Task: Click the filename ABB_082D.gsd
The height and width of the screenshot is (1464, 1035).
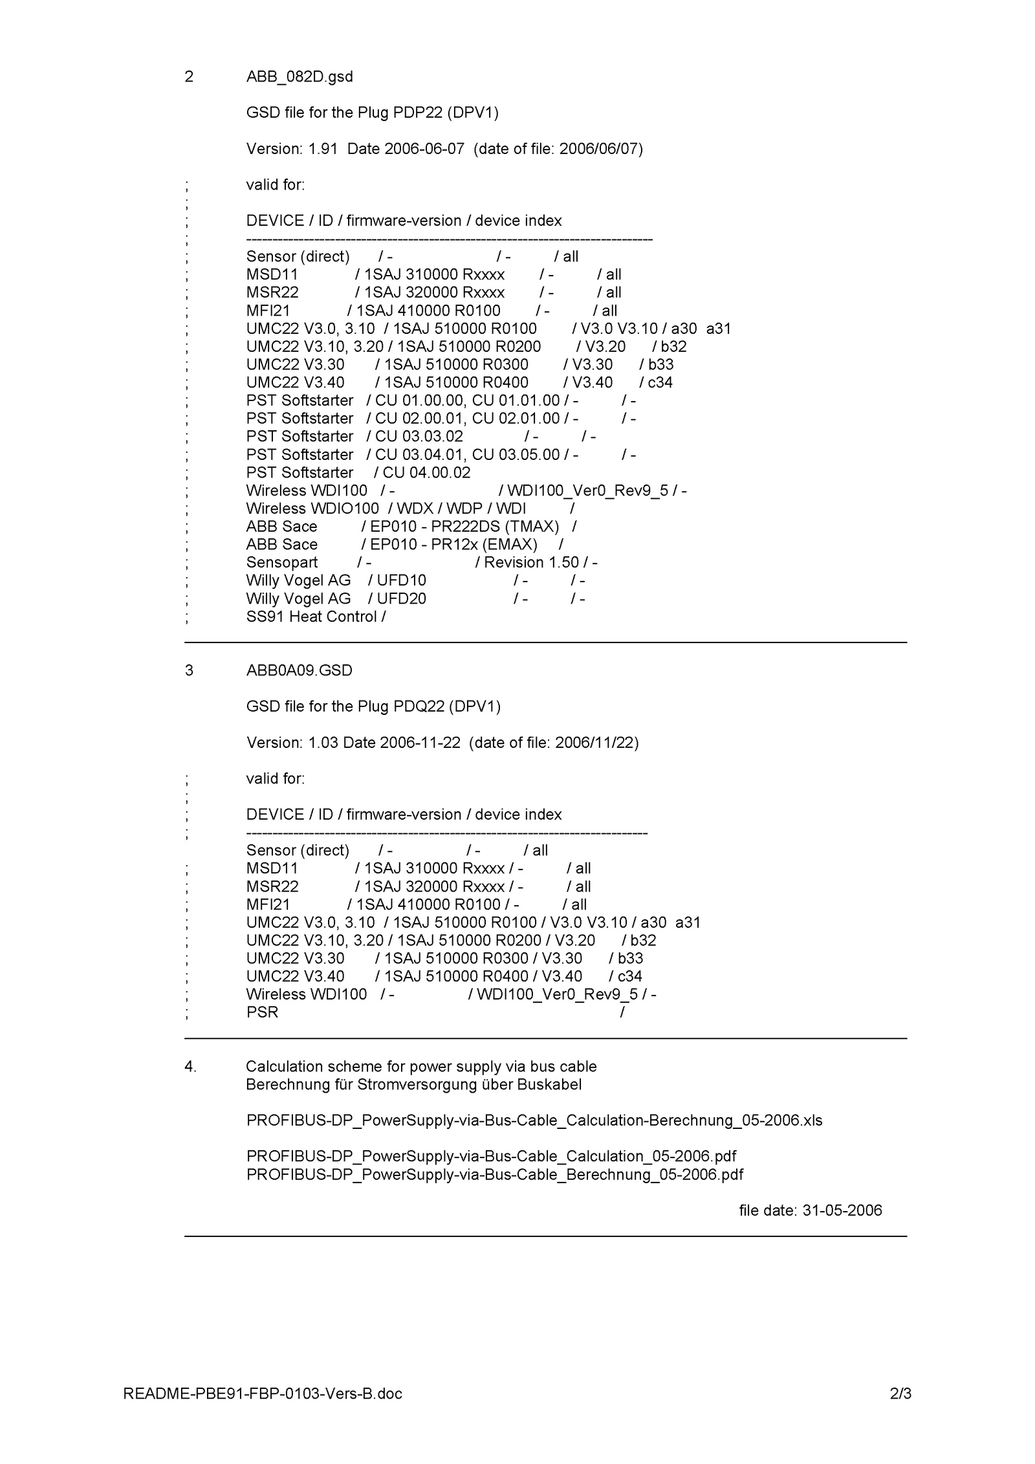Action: point(300,77)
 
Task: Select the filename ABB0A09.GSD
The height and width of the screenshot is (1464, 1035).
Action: point(299,670)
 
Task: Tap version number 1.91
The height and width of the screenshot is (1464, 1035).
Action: point(323,149)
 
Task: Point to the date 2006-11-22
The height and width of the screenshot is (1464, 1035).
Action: point(420,742)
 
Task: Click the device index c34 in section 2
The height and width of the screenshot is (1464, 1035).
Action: point(660,382)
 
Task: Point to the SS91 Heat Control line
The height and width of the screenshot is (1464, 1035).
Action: point(315,617)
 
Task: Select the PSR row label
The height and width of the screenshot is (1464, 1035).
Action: point(262,1012)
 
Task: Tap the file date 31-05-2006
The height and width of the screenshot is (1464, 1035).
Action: point(842,1210)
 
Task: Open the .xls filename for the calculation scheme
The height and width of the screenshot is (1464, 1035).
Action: point(534,1120)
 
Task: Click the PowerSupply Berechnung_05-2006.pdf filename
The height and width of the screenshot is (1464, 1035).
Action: point(494,1174)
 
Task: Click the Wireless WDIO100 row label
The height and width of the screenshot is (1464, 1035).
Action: point(312,508)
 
